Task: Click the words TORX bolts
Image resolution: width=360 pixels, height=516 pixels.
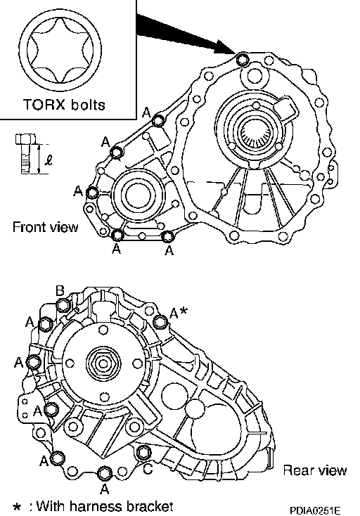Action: (x=64, y=105)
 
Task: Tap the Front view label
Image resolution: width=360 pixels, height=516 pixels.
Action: (x=46, y=227)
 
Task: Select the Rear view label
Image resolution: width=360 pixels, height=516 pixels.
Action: (x=315, y=470)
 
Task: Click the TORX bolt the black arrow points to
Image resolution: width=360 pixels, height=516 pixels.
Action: (x=243, y=59)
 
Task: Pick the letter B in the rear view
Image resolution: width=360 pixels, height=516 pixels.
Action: (x=60, y=291)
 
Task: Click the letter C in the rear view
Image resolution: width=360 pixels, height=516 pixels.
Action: (x=148, y=469)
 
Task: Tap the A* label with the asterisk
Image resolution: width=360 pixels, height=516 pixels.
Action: (x=179, y=313)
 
